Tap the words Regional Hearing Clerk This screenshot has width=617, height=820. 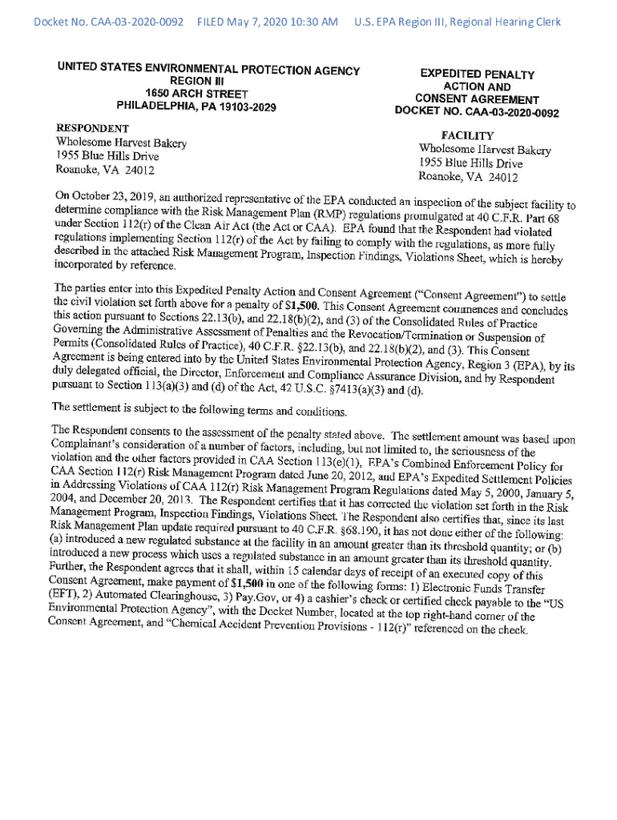pyautogui.click(x=501, y=22)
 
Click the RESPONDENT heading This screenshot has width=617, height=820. pyautogui.click(x=91, y=128)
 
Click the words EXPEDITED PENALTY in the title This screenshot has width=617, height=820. pyautogui.click(x=478, y=74)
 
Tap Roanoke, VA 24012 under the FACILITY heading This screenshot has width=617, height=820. pyautogui.click(x=468, y=177)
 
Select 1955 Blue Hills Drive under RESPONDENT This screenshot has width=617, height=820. pyautogui.click(x=107, y=156)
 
